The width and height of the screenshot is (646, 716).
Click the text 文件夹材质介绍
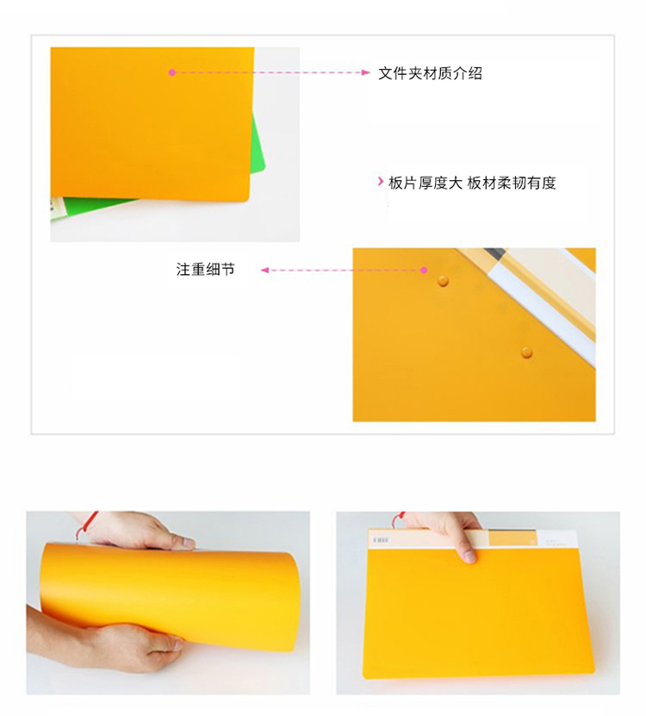pyautogui.click(x=430, y=73)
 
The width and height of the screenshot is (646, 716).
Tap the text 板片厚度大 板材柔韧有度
pyautogui.click(x=472, y=184)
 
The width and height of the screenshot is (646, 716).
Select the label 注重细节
pyautogui.click(x=206, y=270)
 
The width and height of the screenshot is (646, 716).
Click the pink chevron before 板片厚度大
pyautogui.click(x=381, y=182)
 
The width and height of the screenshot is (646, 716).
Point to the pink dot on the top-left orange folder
pyautogui.click(x=172, y=72)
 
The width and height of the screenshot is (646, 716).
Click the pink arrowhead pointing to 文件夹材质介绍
pyautogui.click(x=366, y=72)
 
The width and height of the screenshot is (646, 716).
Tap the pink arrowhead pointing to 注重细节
pyautogui.click(x=264, y=271)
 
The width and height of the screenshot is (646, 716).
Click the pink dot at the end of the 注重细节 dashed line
pyautogui.click(x=424, y=270)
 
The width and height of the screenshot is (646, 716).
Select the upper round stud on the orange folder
pyautogui.click(x=443, y=280)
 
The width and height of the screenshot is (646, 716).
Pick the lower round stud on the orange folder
pyautogui.click(x=526, y=352)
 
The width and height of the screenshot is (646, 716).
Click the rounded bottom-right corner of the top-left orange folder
pyautogui.click(x=247, y=199)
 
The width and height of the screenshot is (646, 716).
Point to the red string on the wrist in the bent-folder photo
pyautogui.click(x=86, y=524)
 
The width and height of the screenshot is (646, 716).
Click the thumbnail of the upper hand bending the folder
pyautogui.click(x=188, y=543)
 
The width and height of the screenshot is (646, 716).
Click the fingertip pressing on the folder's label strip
pyautogui.click(x=469, y=557)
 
